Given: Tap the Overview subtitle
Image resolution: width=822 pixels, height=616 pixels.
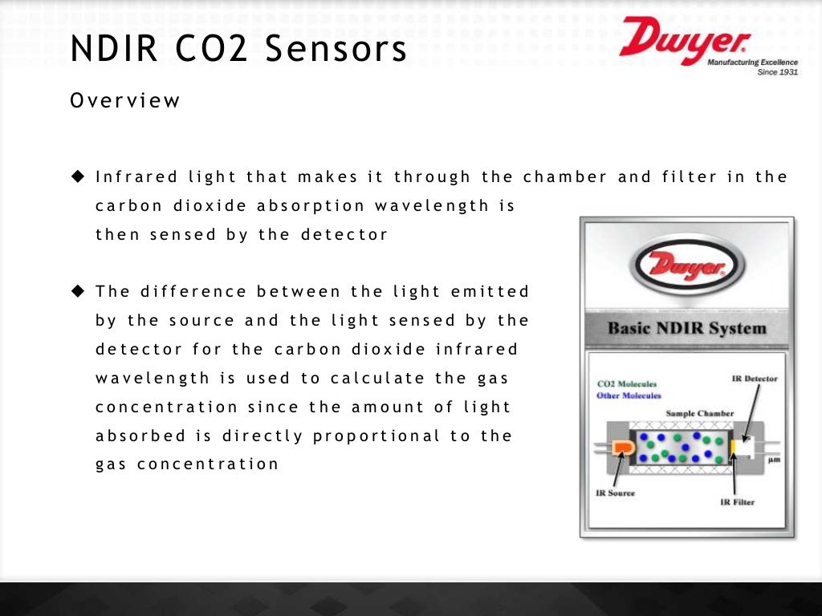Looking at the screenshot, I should (125, 101).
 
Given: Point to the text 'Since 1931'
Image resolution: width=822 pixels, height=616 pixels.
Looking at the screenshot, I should (777, 71).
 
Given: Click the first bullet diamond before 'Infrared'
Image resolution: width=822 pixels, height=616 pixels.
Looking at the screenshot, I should (78, 176).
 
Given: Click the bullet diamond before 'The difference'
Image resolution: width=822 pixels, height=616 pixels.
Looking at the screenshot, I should (78, 291).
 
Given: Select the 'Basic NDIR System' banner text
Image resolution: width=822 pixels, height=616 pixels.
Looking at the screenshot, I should (686, 328).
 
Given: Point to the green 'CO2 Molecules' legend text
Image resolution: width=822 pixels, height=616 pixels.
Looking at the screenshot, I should (626, 384).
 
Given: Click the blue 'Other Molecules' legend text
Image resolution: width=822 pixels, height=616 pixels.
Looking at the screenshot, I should (629, 395).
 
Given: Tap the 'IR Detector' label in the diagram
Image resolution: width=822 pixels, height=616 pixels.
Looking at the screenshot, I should (755, 378).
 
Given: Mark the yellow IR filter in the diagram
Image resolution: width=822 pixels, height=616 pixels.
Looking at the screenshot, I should (733, 447).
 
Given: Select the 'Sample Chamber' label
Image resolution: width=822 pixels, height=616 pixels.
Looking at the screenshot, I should (700, 414).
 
